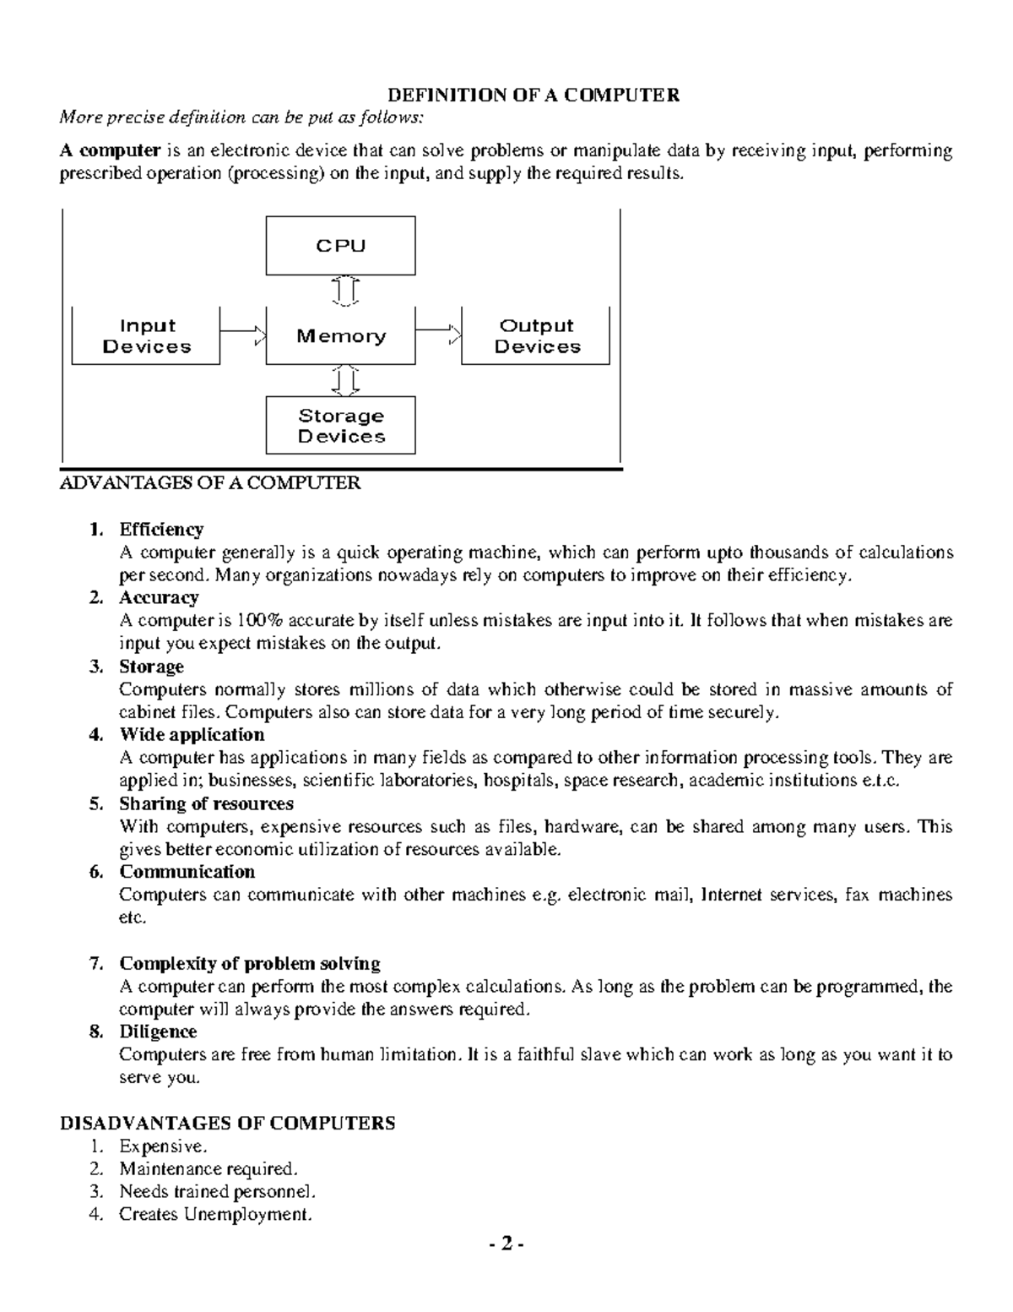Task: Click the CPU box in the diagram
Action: (x=340, y=246)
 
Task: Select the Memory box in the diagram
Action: (x=340, y=336)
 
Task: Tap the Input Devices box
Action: (x=146, y=336)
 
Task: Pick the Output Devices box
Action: (x=536, y=336)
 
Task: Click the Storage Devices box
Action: (x=340, y=426)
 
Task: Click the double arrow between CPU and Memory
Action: (x=345, y=291)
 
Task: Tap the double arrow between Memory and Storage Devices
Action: (x=345, y=380)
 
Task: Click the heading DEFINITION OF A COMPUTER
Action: (x=533, y=95)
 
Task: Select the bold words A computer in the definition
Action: (x=110, y=151)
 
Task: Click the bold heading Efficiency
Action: (x=161, y=530)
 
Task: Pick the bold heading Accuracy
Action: (x=159, y=598)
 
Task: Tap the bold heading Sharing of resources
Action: (x=206, y=803)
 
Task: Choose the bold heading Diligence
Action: (x=158, y=1032)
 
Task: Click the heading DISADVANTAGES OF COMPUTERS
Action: (x=227, y=1123)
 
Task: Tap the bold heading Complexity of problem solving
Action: (x=249, y=963)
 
